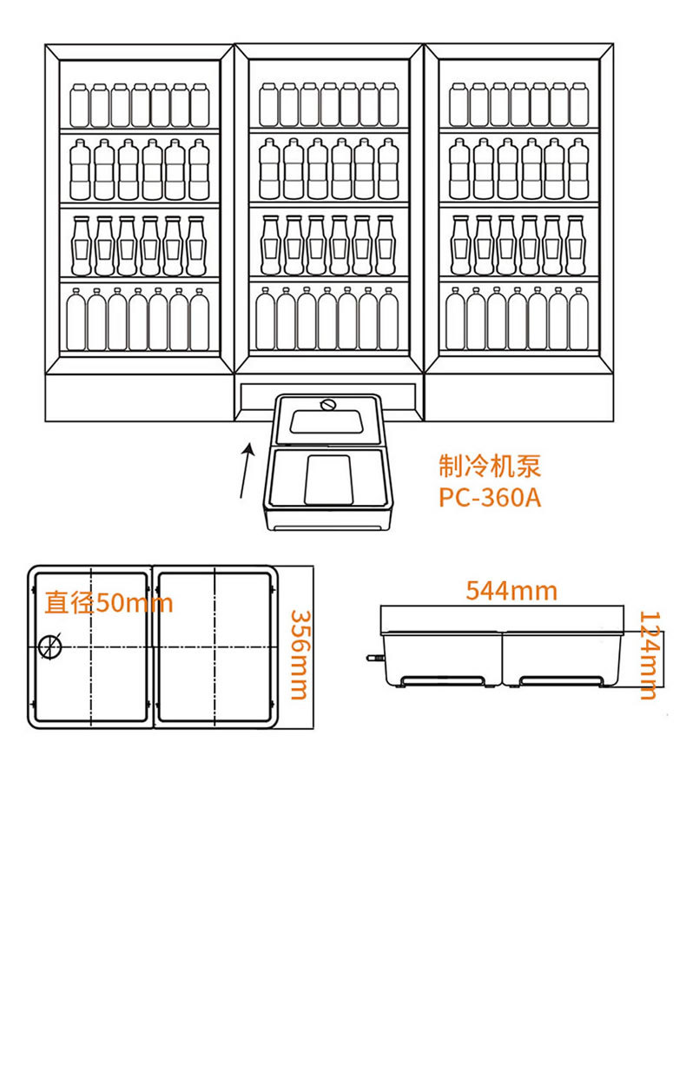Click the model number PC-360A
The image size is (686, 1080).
point(490,497)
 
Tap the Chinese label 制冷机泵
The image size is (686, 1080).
point(490,466)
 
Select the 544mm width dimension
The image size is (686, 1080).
point(511,591)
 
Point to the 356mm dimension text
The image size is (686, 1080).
point(300,655)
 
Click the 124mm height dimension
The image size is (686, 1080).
point(649,655)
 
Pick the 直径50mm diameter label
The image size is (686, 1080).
point(109,603)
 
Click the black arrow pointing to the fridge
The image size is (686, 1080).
point(246,471)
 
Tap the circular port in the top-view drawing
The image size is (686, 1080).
point(50,646)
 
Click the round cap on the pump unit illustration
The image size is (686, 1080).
point(327,405)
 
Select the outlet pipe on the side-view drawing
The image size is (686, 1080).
point(375,657)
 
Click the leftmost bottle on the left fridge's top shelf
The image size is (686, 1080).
point(80,106)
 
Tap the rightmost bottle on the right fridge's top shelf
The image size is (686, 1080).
point(578,104)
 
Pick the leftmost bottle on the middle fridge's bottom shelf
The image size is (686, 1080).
point(265,319)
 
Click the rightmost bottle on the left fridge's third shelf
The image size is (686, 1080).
point(195,246)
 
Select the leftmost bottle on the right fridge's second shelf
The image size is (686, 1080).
point(459,169)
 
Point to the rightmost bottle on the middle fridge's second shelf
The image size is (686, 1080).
point(388,169)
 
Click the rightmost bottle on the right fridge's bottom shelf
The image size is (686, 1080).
point(578,319)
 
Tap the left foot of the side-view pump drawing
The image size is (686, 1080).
point(443,681)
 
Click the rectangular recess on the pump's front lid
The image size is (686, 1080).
point(328,480)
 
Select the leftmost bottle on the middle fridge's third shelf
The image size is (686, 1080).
point(270,245)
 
